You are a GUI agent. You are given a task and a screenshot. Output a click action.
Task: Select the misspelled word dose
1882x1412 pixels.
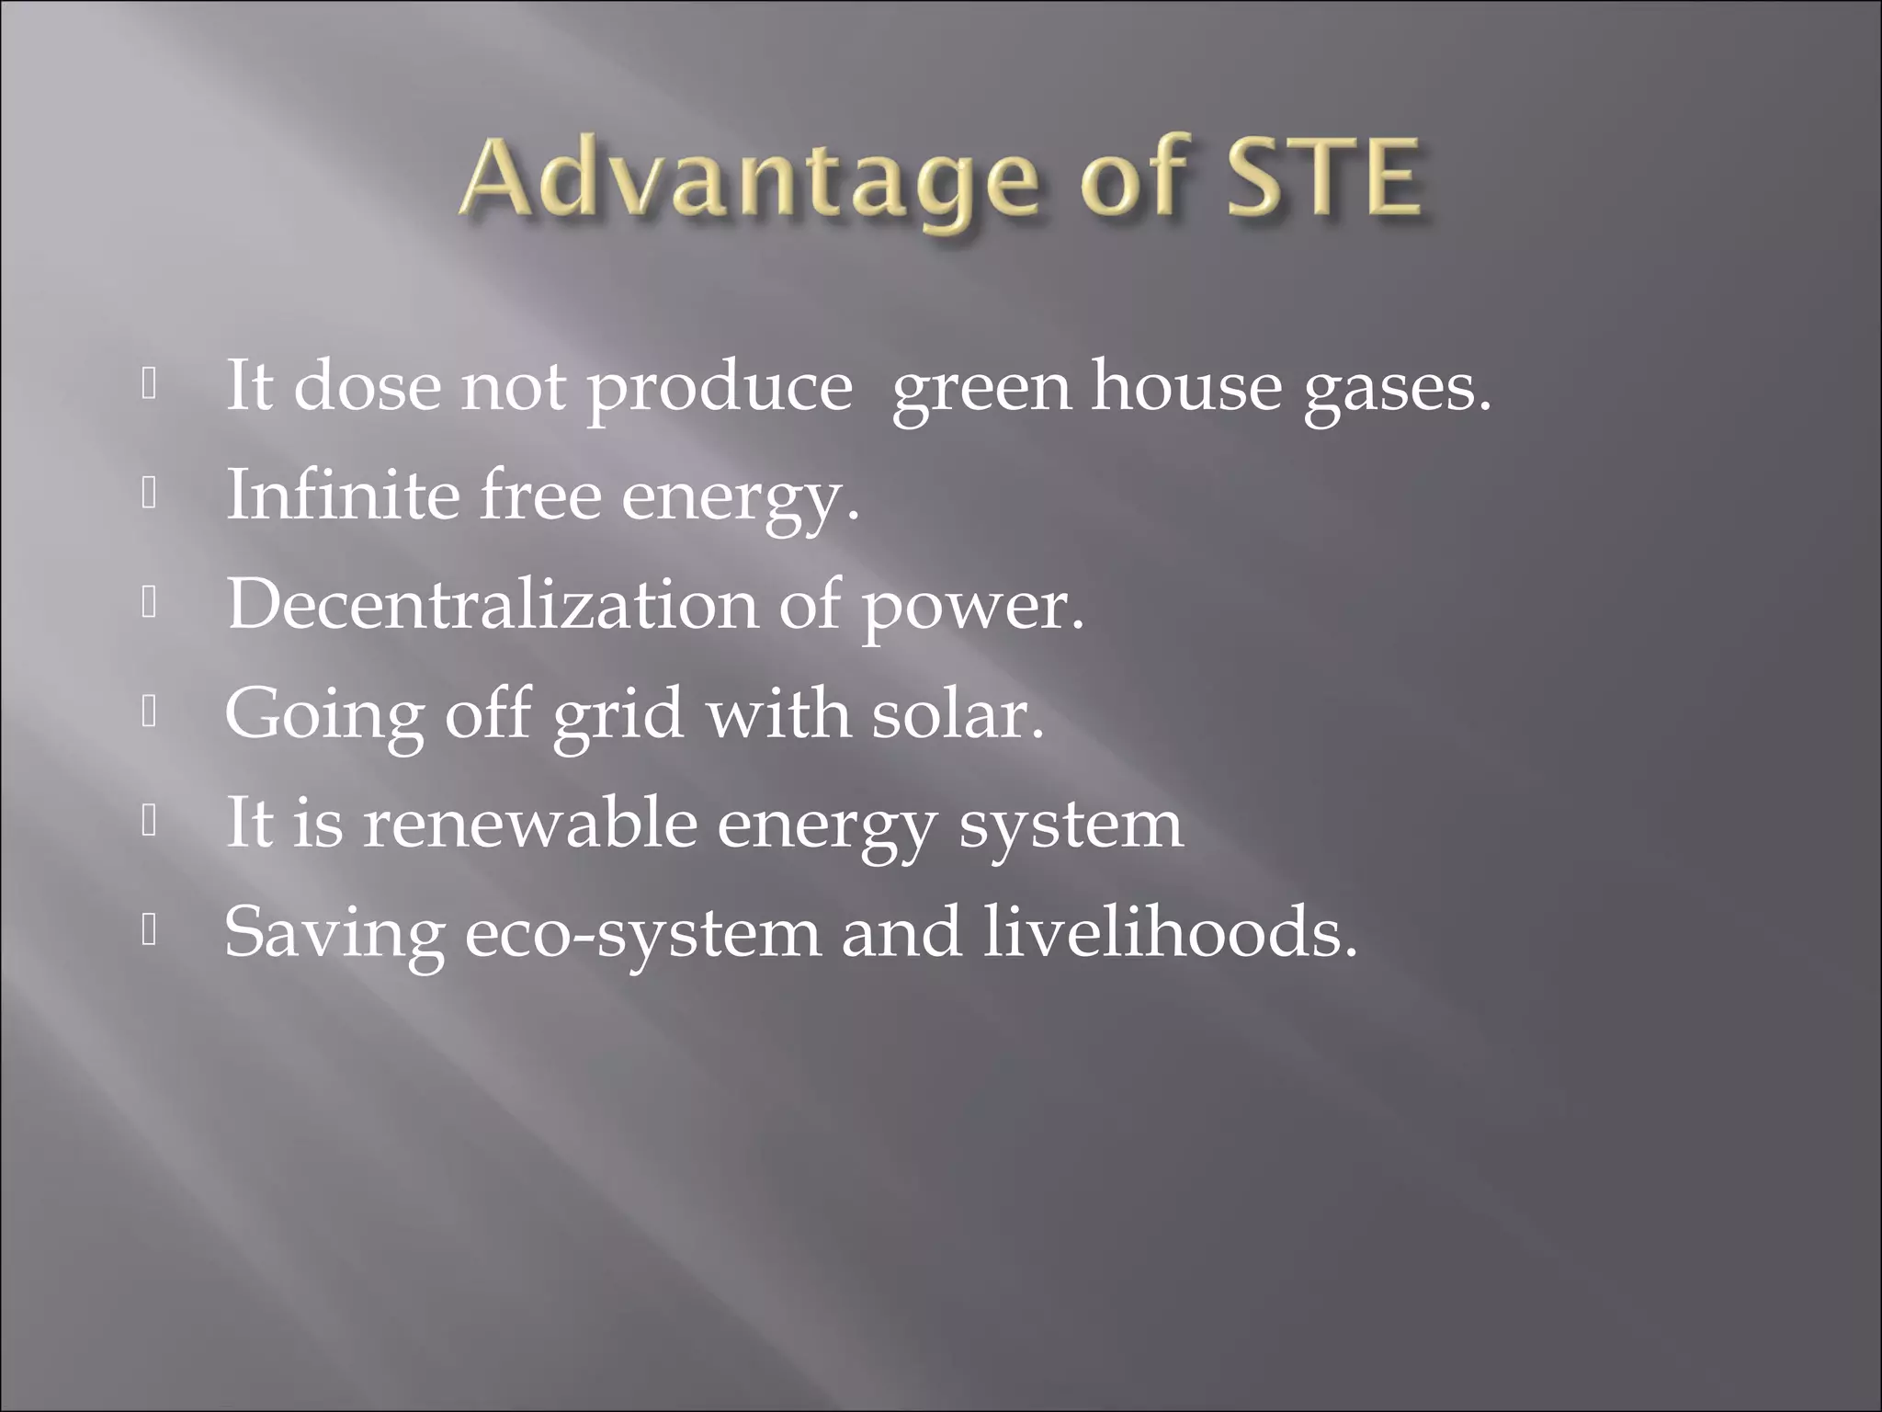click(366, 386)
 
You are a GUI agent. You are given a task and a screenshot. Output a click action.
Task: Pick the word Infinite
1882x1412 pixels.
click(342, 495)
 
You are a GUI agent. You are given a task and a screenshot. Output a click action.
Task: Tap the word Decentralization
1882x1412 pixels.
click(493, 604)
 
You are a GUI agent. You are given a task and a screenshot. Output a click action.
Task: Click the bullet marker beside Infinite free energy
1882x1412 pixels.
click(150, 495)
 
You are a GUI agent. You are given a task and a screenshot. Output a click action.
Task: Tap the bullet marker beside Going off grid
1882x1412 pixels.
click(150, 712)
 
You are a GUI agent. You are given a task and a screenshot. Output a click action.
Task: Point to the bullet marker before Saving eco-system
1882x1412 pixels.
click(150, 931)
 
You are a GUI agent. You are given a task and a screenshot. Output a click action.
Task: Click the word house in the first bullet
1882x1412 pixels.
click(1185, 386)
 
